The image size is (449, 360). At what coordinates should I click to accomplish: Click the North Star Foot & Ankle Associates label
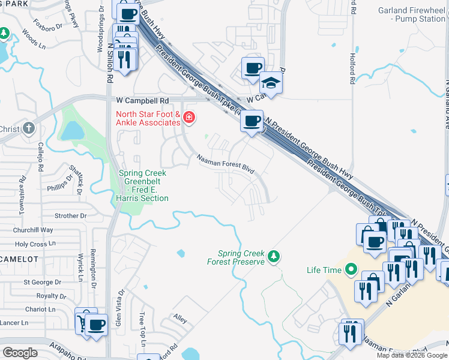(148, 118)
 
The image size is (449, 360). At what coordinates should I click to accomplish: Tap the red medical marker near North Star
(189, 117)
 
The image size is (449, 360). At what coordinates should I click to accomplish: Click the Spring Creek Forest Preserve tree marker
(274, 257)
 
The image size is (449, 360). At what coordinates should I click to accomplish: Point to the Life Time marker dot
(351, 270)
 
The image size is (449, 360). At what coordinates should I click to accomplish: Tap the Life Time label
(324, 270)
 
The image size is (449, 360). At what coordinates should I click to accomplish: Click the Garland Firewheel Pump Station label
(412, 14)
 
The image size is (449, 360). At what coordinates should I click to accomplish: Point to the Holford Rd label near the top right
(353, 64)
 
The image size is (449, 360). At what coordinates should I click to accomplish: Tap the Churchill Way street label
(34, 230)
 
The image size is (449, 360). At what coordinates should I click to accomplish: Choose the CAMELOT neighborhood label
(19, 259)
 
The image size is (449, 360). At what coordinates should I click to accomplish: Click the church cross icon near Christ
(29, 128)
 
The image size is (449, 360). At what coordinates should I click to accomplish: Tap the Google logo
(20, 353)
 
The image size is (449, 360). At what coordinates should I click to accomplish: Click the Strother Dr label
(70, 215)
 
